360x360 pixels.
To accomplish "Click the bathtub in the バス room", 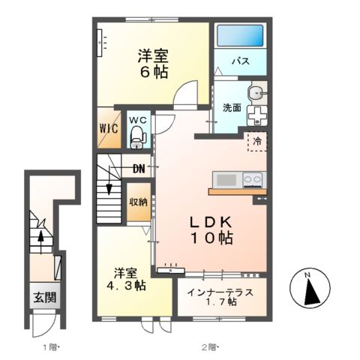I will [x=240, y=36].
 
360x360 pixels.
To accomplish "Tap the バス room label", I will [x=240, y=61].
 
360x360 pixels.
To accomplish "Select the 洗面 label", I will [x=231, y=107].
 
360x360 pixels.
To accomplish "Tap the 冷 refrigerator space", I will [x=256, y=140].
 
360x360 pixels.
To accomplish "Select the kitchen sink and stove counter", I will [x=238, y=180].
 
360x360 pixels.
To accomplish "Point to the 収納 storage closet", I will [x=137, y=202].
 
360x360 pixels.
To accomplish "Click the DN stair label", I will [x=139, y=168].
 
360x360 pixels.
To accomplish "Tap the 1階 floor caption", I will [x=50, y=346].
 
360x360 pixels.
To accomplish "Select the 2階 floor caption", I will [x=208, y=346].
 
